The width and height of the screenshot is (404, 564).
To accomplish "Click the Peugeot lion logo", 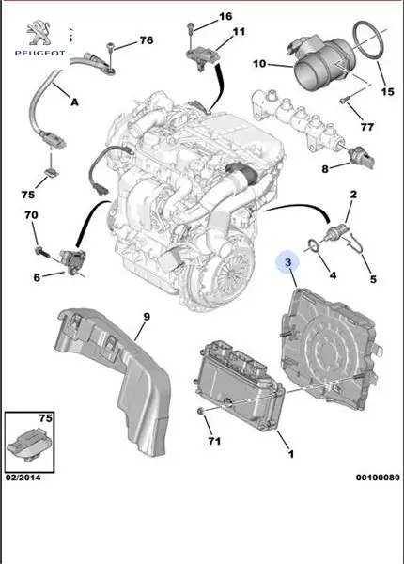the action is [x=39, y=34].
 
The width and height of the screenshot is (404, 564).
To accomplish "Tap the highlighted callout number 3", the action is [x=288, y=262].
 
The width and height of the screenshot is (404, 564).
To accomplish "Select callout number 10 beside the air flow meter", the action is [x=259, y=64].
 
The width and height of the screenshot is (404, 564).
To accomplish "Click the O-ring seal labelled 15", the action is [x=369, y=39].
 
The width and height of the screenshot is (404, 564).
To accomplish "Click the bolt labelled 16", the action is [x=191, y=28].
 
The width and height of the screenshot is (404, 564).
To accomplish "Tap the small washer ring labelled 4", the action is [x=314, y=246].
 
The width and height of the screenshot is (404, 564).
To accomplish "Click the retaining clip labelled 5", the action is [x=357, y=243].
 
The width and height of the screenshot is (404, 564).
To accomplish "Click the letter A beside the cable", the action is [x=74, y=102].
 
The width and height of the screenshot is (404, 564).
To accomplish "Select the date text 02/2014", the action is [x=23, y=478].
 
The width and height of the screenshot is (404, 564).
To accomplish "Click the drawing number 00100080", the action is [x=378, y=478].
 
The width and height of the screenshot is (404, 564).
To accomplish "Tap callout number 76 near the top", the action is [x=147, y=40].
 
